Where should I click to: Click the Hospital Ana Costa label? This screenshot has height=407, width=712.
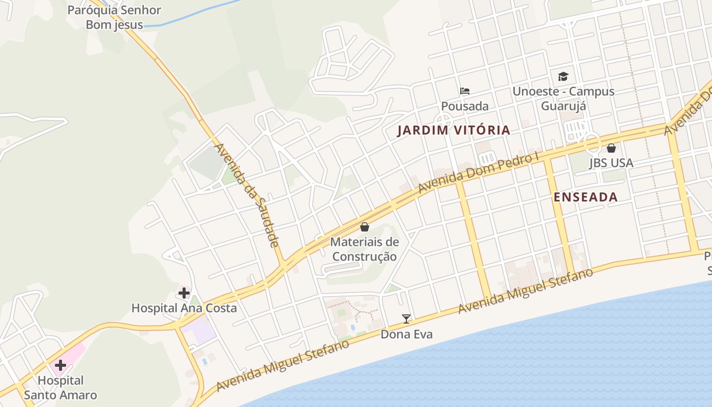[184, 308]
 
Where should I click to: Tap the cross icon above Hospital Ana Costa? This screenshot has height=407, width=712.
[184, 293]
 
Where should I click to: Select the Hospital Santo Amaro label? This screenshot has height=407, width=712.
[61, 388]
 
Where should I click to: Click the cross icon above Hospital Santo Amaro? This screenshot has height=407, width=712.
[61, 365]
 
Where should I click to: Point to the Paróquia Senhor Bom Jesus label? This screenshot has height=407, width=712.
[114, 17]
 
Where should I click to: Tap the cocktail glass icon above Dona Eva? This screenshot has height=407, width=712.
[406, 319]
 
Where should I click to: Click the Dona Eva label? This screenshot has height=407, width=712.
[406, 334]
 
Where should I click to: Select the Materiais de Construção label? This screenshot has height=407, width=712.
[365, 249]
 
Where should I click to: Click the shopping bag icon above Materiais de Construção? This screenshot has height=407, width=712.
[365, 227]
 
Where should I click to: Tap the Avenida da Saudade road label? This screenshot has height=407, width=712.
[247, 195]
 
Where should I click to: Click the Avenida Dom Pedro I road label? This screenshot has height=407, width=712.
[478, 173]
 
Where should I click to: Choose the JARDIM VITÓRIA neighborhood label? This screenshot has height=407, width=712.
[454, 130]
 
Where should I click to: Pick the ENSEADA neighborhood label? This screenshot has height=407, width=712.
[585, 197]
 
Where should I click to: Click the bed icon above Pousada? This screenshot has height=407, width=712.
[464, 92]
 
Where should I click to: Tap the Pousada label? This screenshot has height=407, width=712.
[464, 106]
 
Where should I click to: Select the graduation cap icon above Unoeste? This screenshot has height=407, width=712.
[563, 77]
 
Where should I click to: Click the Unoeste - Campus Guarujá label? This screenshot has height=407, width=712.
[563, 99]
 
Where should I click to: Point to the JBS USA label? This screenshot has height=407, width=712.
[611, 163]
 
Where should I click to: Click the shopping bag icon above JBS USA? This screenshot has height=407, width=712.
[611, 148]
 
